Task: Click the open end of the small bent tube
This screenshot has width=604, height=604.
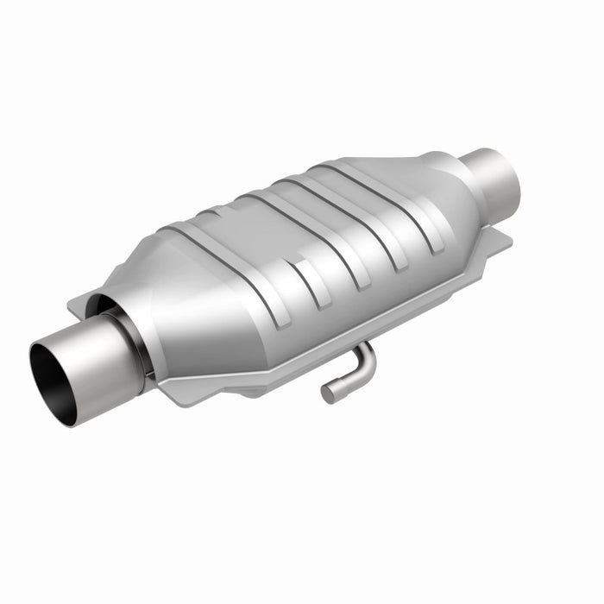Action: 328,393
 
